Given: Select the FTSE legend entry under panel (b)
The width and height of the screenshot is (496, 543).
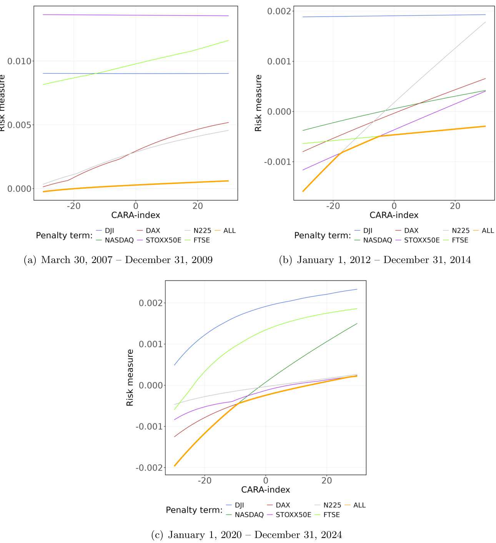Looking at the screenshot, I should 460,240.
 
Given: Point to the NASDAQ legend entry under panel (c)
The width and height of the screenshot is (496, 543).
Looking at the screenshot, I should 249,515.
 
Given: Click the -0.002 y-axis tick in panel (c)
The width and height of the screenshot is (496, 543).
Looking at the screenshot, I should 148,468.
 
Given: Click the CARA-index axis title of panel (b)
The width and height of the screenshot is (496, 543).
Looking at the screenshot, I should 394,215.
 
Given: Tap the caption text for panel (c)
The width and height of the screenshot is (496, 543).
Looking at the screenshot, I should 246,535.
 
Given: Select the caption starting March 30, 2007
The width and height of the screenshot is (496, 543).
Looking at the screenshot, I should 118,260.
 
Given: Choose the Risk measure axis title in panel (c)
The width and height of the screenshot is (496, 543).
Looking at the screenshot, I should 130,377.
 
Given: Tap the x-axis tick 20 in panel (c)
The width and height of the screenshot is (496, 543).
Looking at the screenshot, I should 326,481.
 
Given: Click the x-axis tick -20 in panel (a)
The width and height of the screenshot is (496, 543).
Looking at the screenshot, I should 73,206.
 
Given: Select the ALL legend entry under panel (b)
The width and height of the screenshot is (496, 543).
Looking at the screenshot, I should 488,231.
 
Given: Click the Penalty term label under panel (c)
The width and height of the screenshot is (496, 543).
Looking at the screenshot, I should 194,510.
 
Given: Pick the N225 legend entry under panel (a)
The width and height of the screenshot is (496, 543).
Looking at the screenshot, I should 202,231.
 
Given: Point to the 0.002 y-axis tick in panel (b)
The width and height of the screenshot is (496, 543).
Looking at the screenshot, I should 278,11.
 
